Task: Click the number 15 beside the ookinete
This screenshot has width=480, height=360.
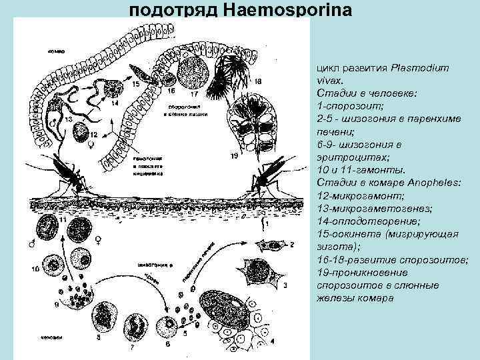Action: click(x=135, y=85)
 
